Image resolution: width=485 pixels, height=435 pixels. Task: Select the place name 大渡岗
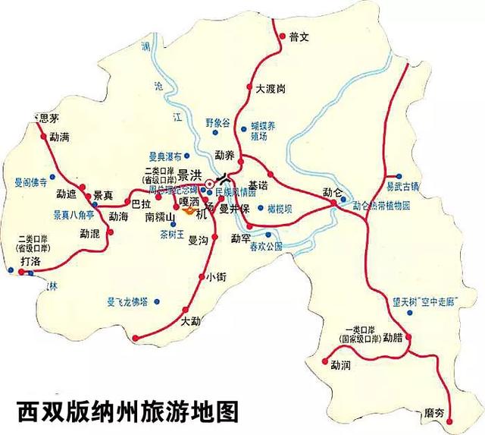point(271,89)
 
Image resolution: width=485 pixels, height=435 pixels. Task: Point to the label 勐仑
point(333,191)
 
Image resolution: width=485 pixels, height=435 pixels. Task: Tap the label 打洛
point(31,262)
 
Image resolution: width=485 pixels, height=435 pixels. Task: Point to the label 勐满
point(60,137)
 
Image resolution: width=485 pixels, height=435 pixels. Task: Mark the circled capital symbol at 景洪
point(209,183)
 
